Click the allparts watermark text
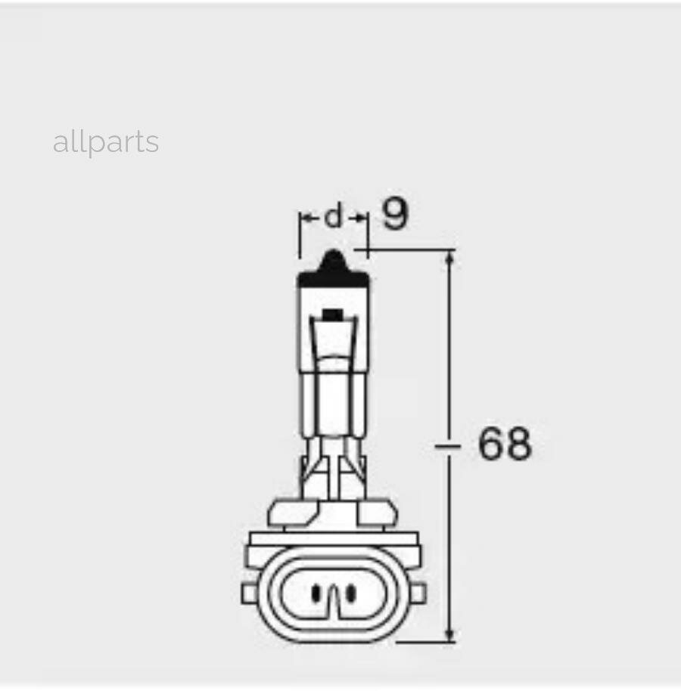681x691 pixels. click(106, 142)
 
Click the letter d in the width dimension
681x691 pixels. click(333, 218)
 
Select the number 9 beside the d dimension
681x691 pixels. click(394, 215)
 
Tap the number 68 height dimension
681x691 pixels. click(505, 445)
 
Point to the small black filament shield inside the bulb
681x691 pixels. click(332, 313)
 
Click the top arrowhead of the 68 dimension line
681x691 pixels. click(450, 258)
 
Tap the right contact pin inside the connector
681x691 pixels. click(351, 594)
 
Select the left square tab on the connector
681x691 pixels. click(250, 593)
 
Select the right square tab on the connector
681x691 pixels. click(417, 593)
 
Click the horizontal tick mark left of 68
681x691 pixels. click(447, 446)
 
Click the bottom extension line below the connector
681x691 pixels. click(424, 643)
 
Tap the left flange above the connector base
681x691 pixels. click(288, 513)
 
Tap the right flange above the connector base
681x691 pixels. click(378, 513)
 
